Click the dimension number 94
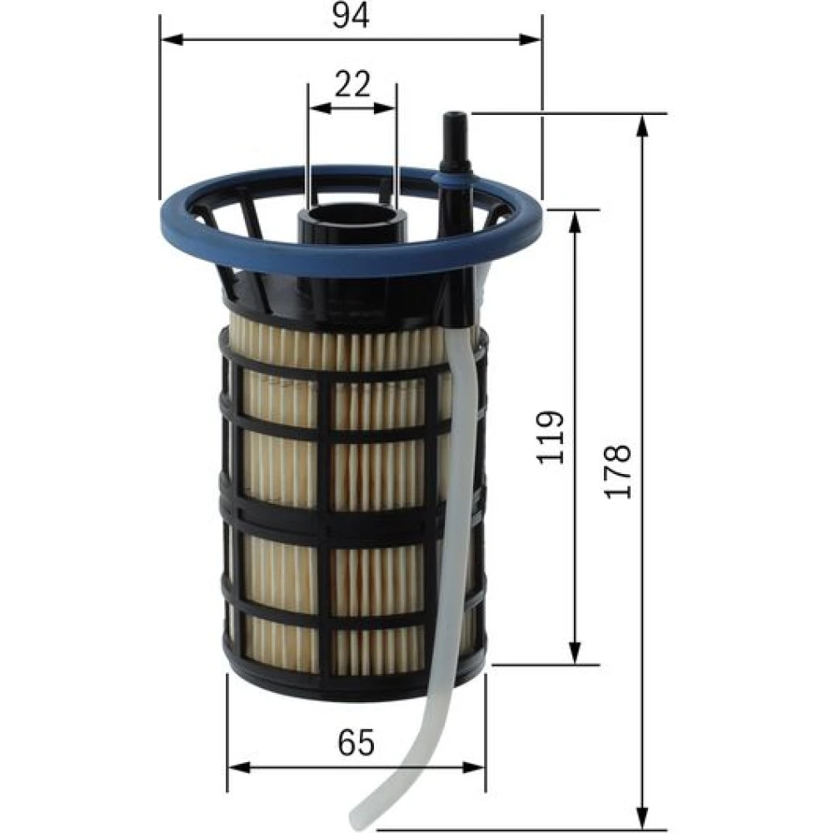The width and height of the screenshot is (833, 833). pos(350,15)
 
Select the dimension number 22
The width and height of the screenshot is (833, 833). pos(352,84)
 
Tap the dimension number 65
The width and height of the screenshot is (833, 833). pos(356,742)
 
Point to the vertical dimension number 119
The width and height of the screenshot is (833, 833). pos(549,437)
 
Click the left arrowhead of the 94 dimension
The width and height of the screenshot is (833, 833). pos(172,39)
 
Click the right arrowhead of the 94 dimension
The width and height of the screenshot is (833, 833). pos(530,39)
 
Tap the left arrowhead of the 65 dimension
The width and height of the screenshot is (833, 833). pos(239,767)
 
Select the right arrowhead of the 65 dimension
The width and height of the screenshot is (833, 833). pos(473,767)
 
